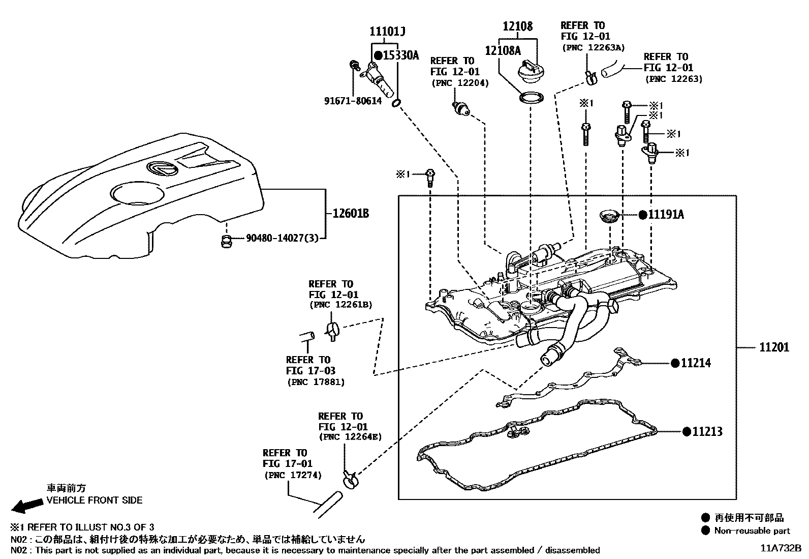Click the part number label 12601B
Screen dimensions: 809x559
coord(350,213)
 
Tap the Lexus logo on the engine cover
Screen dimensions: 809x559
coord(162,168)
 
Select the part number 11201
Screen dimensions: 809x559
coord(774,347)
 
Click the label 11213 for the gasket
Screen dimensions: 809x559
coord(707,431)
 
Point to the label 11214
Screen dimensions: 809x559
coord(696,363)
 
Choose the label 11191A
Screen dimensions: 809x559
coord(666,215)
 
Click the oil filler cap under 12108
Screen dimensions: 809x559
coord(531,73)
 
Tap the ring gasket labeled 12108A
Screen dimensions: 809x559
coord(531,98)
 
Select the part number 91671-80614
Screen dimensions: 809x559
coord(353,101)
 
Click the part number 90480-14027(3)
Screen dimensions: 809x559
coord(282,238)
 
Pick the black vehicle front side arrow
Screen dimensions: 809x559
coord(27,505)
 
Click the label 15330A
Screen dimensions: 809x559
coord(400,55)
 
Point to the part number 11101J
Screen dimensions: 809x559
coord(387,32)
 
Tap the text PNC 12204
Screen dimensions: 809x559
coord(460,83)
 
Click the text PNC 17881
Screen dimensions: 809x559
coord(316,382)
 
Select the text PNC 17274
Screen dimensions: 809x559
coord(293,475)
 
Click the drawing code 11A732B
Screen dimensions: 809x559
coord(781,548)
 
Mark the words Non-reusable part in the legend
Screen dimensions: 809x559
coord(752,531)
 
